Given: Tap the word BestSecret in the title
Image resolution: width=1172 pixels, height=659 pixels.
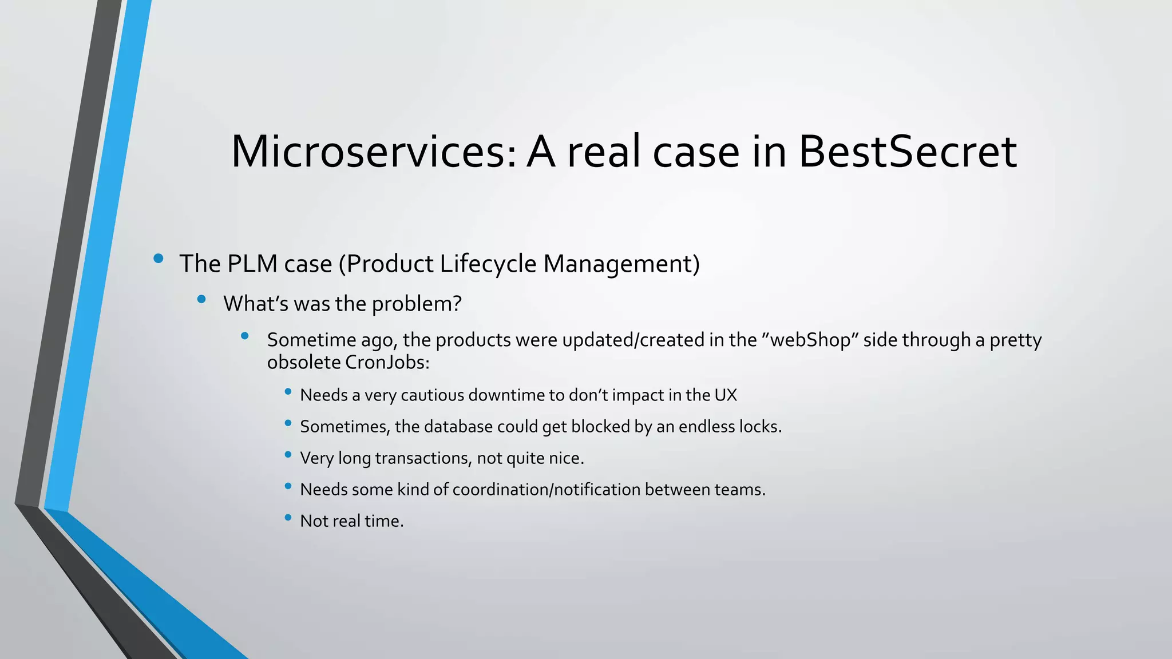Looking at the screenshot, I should pyautogui.click(x=907, y=152).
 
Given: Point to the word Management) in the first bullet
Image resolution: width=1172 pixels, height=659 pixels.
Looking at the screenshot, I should pyautogui.click(x=621, y=264).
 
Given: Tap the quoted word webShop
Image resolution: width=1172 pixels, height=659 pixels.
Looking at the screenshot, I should pyautogui.click(x=810, y=340).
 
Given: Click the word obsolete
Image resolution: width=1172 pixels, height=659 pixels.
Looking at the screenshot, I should pyautogui.click(x=304, y=363).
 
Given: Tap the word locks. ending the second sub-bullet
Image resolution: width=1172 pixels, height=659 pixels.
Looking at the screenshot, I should pyautogui.click(x=760, y=427).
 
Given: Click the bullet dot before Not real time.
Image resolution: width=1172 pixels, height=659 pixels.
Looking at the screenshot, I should pyautogui.click(x=288, y=518).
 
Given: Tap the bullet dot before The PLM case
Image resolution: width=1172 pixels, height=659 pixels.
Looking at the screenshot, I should pyautogui.click(x=159, y=259).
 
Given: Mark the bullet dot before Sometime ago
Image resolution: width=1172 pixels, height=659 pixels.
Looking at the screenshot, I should pyautogui.click(x=245, y=336).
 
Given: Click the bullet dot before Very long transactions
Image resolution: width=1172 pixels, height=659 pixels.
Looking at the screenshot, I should pyautogui.click(x=288, y=455).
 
